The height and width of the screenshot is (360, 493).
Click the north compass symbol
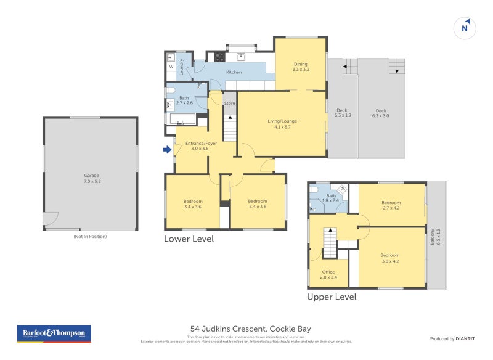[x=466, y=28]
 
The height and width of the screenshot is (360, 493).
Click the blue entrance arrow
[x=166, y=149]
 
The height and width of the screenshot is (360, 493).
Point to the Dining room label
[x=300, y=67]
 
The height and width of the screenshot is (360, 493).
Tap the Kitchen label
[x=234, y=72]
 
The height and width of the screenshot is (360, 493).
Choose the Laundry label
[x=182, y=67]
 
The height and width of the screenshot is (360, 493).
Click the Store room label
[x=229, y=103]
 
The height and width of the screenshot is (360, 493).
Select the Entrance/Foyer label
[x=192, y=145]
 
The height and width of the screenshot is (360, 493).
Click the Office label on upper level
[x=328, y=274]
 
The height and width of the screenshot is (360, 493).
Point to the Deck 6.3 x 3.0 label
[x=380, y=112]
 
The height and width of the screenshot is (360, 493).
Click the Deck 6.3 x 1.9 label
[x=343, y=112]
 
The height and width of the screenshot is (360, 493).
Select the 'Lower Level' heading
[x=189, y=239]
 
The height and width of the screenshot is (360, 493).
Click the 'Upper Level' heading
[x=332, y=297]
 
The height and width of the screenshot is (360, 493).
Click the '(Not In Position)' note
[x=90, y=236]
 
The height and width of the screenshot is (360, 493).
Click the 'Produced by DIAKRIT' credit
[x=454, y=338]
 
